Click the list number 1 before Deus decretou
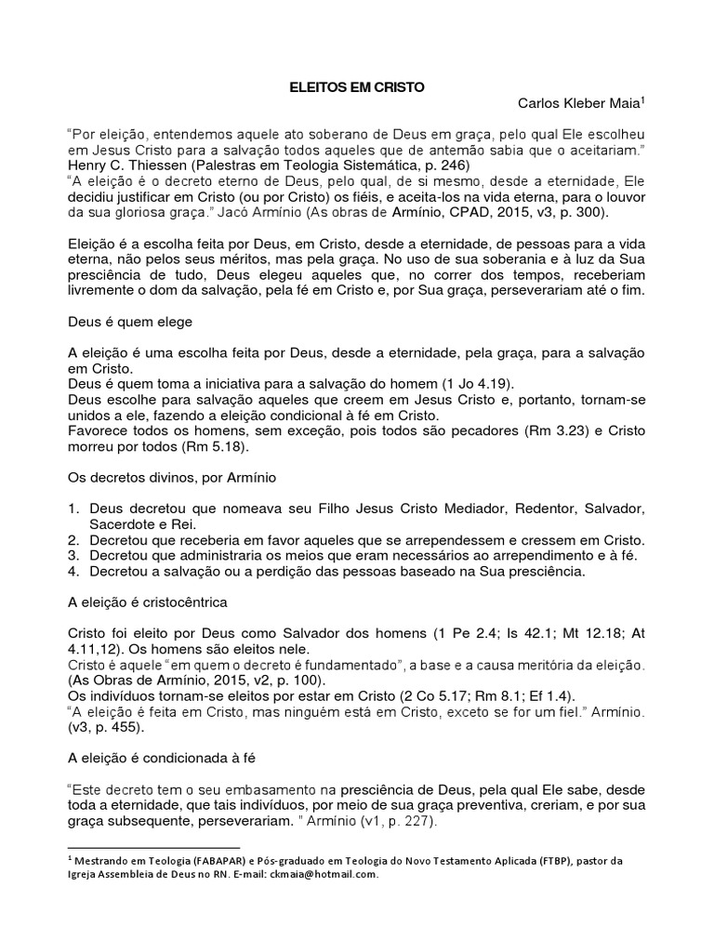pyautogui.click(x=73, y=509)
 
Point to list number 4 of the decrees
pyautogui.click(x=73, y=572)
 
